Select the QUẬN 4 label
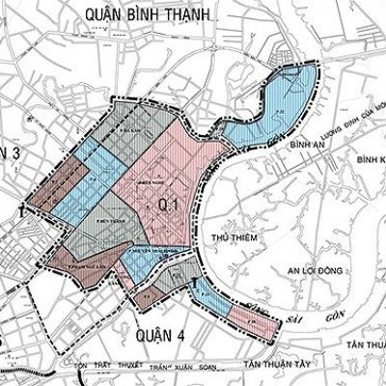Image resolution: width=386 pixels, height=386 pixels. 158,334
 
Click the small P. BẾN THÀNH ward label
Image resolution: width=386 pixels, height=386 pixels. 115,220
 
